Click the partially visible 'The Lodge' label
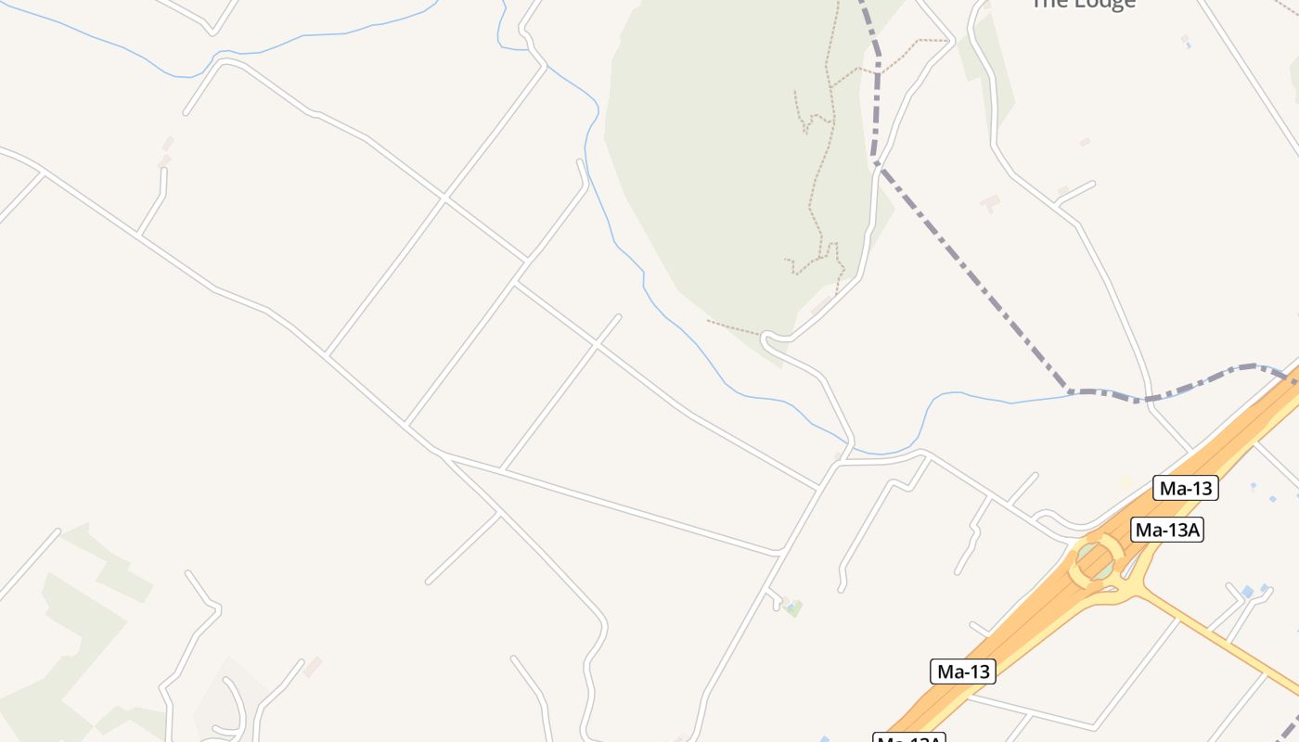tap(1083, 4)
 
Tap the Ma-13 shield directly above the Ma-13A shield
tap(1185, 488)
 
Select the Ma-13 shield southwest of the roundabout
tap(962, 672)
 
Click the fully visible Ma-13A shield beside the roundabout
tap(1167, 530)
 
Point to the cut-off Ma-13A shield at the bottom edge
tap(909, 737)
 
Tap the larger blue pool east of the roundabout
tap(1247, 591)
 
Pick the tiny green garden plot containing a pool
tap(792, 608)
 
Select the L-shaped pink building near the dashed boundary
tap(991, 202)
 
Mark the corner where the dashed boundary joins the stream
tap(1070, 392)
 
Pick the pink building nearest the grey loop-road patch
tap(313, 666)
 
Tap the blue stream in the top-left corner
tap(139, 56)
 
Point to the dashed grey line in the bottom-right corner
tap(1287, 728)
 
